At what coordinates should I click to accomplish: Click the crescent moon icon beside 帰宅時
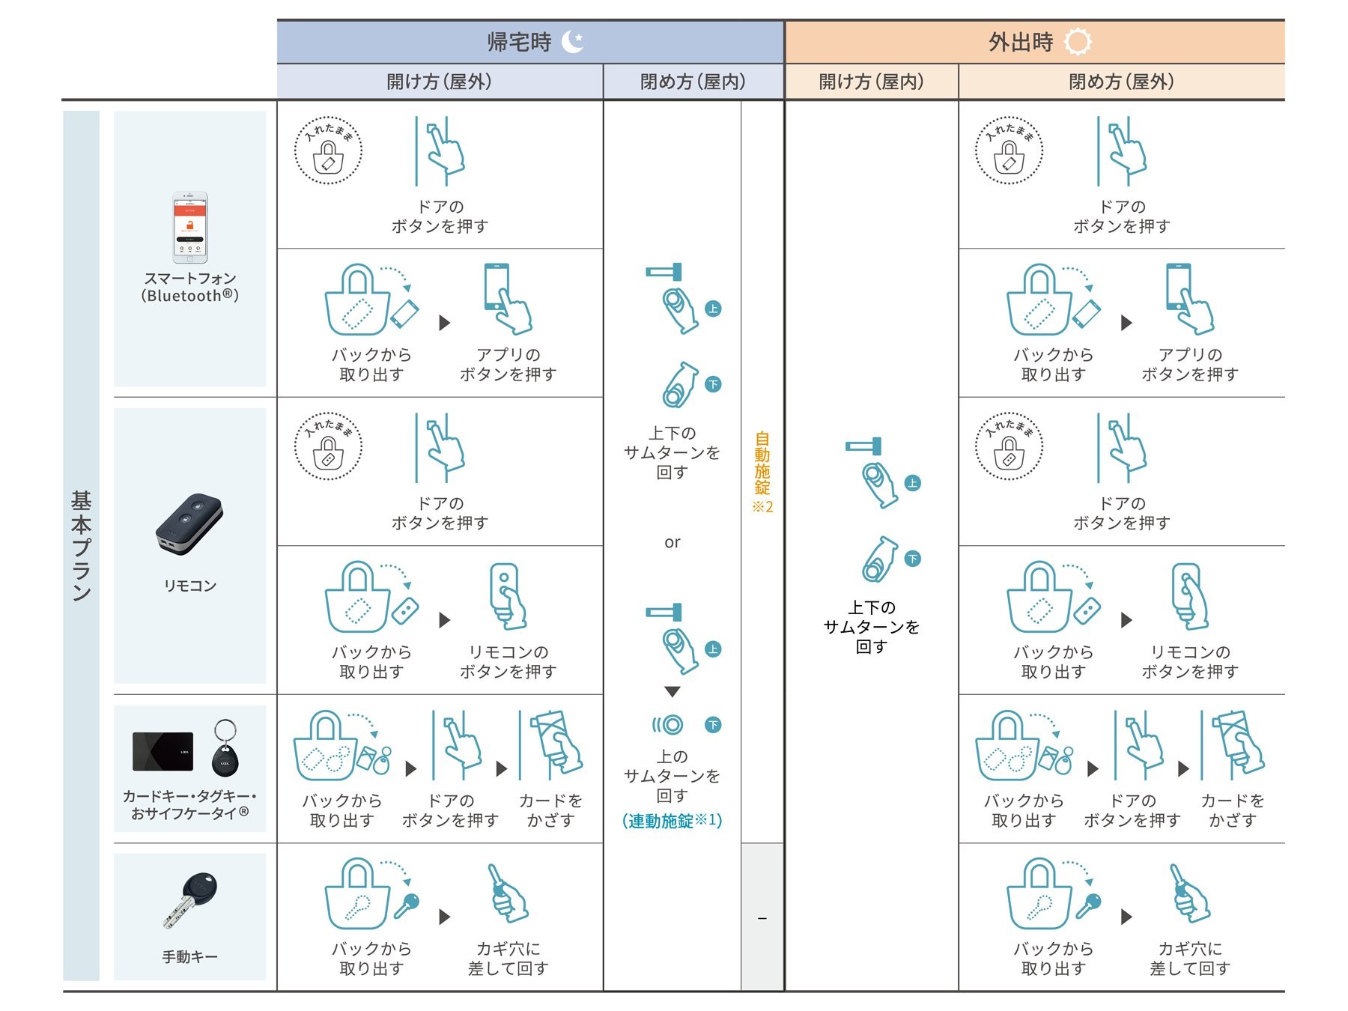(573, 42)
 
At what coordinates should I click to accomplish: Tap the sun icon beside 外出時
(1078, 42)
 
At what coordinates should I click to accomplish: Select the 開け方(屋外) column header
(439, 82)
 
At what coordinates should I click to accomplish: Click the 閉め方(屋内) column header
(693, 82)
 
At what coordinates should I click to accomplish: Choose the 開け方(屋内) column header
(871, 82)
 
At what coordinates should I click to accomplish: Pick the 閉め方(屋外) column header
(1121, 82)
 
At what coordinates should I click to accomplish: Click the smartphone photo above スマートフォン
(189, 228)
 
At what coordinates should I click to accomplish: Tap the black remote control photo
(189, 524)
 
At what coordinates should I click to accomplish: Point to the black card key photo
(163, 751)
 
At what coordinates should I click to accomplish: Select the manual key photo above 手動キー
(189, 899)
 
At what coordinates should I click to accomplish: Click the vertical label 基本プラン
(81, 545)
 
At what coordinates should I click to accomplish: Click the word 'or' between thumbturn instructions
(672, 542)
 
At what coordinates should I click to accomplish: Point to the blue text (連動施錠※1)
(672, 821)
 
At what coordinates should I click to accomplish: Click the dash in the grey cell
(762, 918)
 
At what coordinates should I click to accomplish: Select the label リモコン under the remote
(189, 586)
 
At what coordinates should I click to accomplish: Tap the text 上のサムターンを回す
(672, 776)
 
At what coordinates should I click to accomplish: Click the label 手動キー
(189, 956)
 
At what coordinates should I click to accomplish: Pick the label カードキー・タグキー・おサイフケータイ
(189, 804)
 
